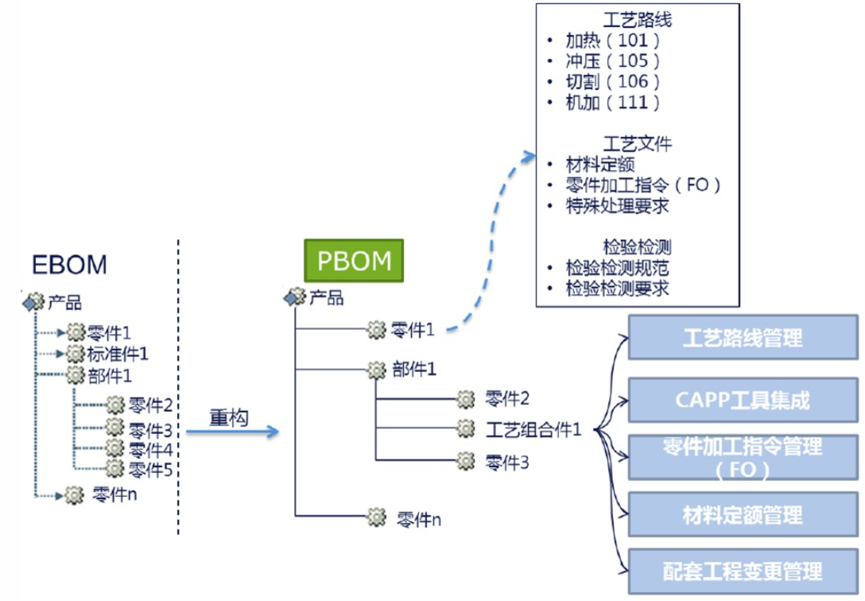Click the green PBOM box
click(x=354, y=261)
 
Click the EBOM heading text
click(x=69, y=265)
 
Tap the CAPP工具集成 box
click(x=742, y=399)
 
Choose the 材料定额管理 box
click(x=742, y=516)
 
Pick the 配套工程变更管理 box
click(x=742, y=570)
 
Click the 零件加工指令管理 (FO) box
click(x=742, y=457)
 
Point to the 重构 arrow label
click(x=228, y=417)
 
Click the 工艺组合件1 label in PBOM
click(x=533, y=430)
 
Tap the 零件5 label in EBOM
click(x=150, y=469)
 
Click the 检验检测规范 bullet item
click(x=617, y=268)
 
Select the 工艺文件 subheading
click(x=638, y=144)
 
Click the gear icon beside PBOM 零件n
click(x=376, y=518)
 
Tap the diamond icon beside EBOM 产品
click(x=33, y=301)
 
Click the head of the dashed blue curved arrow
click(x=531, y=153)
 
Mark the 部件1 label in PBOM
click(x=414, y=370)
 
